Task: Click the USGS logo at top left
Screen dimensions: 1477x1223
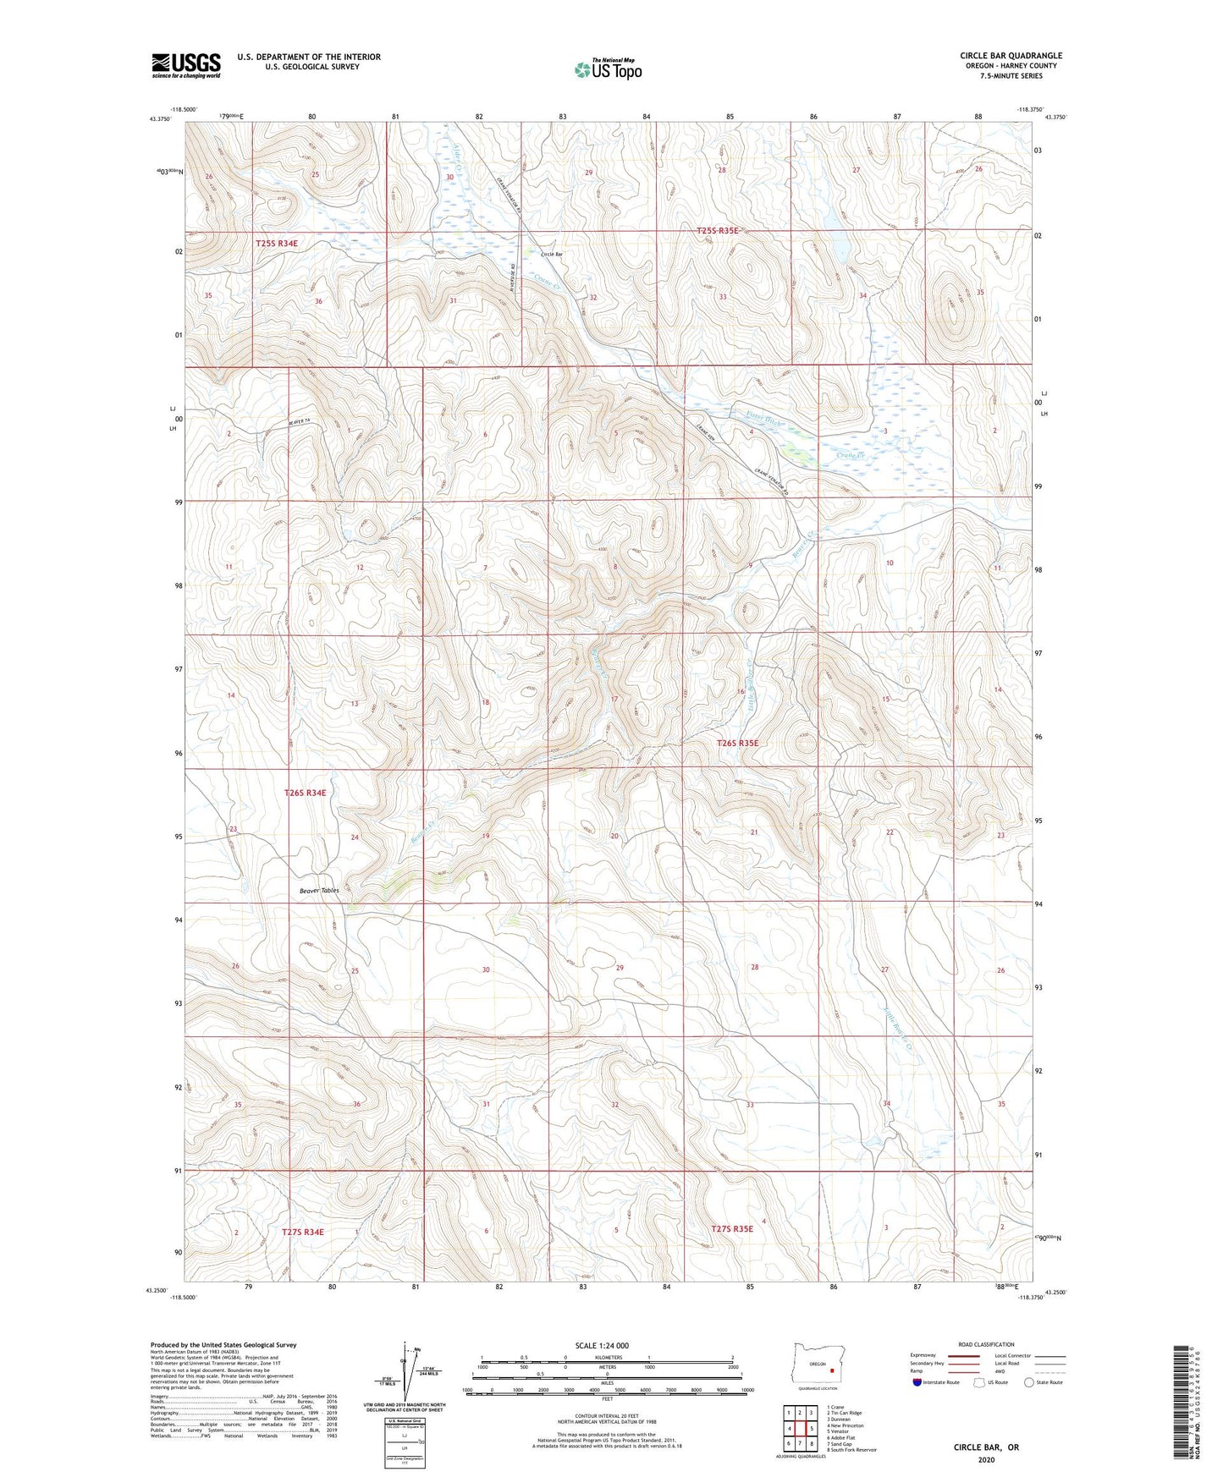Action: point(186,65)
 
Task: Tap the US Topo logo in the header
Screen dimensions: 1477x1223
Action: point(607,69)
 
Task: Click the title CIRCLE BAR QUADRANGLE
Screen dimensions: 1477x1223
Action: point(1011,56)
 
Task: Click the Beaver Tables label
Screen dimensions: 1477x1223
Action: point(319,891)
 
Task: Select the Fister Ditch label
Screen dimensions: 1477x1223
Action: point(769,418)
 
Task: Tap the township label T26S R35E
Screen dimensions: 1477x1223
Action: point(738,743)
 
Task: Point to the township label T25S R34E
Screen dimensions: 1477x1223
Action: point(277,243)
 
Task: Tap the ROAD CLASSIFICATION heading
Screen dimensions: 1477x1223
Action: point(987,1344)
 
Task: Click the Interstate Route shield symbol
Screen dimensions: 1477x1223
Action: point(918,1382)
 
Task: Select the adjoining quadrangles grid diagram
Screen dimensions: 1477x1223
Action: point(799,1428)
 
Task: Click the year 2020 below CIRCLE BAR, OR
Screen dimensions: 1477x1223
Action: point(986,1459)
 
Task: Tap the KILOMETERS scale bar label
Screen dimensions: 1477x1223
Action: point(607,1357)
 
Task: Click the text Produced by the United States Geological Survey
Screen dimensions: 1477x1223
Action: point(223,1344)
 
